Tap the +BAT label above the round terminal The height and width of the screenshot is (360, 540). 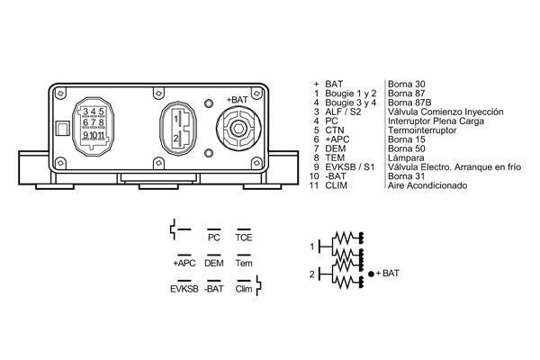click(238, 99)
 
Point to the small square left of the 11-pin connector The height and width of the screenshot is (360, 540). click(61, 128)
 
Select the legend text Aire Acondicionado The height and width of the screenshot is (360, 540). click(427, 184)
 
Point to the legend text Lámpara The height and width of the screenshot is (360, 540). click(405, 157)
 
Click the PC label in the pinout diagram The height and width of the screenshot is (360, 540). click(213, 238)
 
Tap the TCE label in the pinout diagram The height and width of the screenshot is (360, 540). click(244, 238)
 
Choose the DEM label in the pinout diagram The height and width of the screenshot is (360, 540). click(213, 264)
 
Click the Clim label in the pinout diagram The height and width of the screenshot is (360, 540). click(243, 290)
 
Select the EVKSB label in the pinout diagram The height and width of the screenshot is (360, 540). click(183, 290)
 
